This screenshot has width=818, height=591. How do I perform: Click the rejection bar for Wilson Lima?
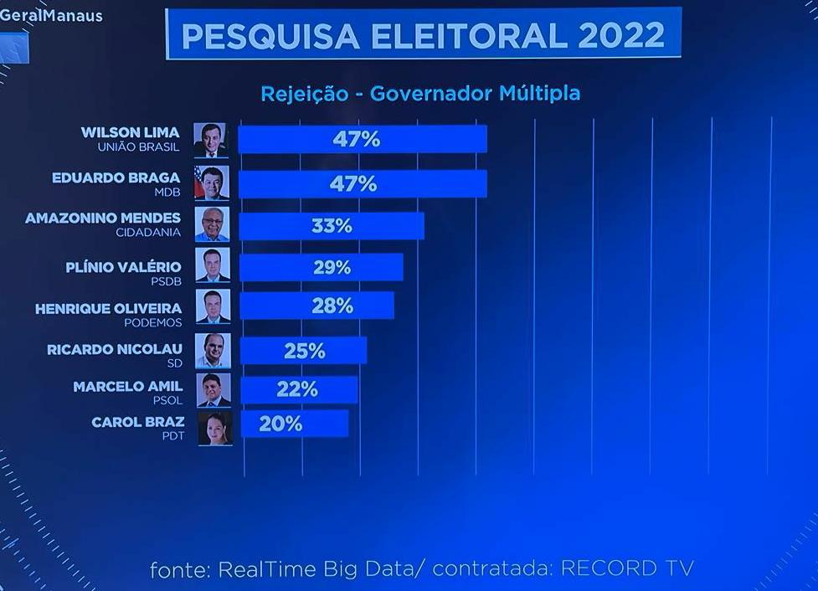[x=362, y=139]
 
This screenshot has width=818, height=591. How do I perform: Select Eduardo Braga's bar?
[x=362, y=183]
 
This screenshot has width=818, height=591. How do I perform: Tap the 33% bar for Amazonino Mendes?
[x=332, y=226]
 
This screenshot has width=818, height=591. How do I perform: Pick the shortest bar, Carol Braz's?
[x=294, y=424]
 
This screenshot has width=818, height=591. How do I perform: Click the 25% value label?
[x=304, y=351]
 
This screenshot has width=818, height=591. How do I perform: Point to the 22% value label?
[x=297, y=389]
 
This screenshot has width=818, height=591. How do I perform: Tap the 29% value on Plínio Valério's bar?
[x=331, y=268]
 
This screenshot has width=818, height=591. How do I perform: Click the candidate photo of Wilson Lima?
[x=211, y=140]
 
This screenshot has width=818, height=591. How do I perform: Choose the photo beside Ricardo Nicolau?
[x=212, y=351]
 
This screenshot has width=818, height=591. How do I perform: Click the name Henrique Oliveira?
[x=108, y=309]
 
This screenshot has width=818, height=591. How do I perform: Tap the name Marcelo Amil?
[x=127, y=387]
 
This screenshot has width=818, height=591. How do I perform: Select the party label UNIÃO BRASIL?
[x=139, y=147]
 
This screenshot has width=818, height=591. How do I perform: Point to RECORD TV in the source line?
[x=627, y=569]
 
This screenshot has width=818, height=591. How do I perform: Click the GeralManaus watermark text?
[x=51, y=16]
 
